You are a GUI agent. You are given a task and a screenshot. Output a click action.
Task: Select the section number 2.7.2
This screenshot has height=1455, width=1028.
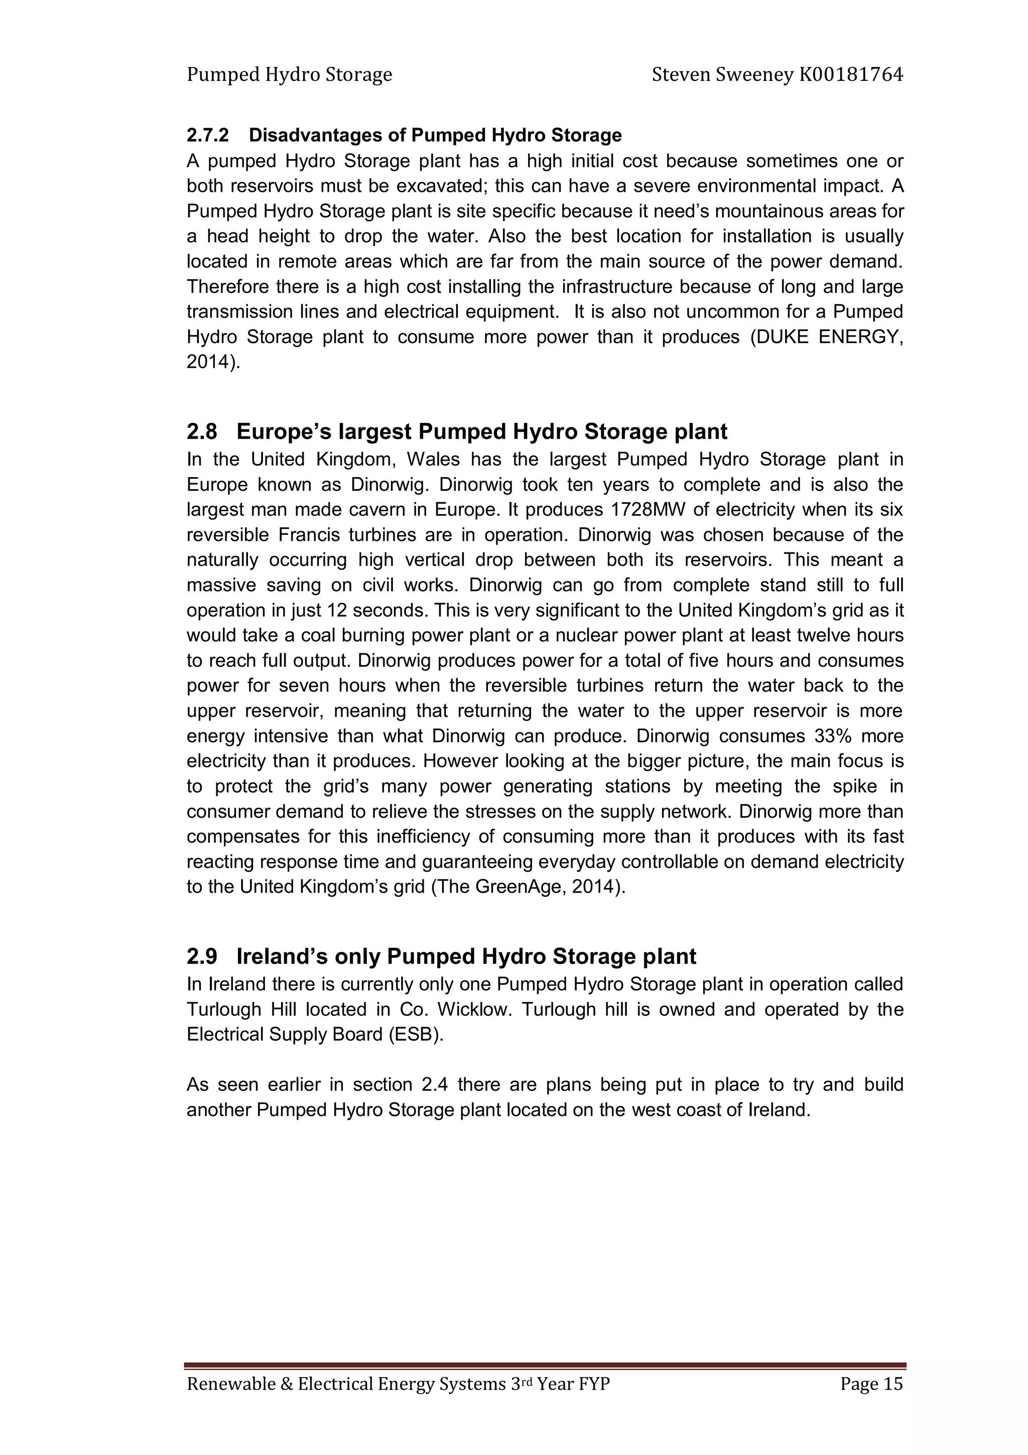(207, 135)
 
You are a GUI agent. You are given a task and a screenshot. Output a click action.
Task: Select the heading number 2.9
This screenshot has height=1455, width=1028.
(201, 956)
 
